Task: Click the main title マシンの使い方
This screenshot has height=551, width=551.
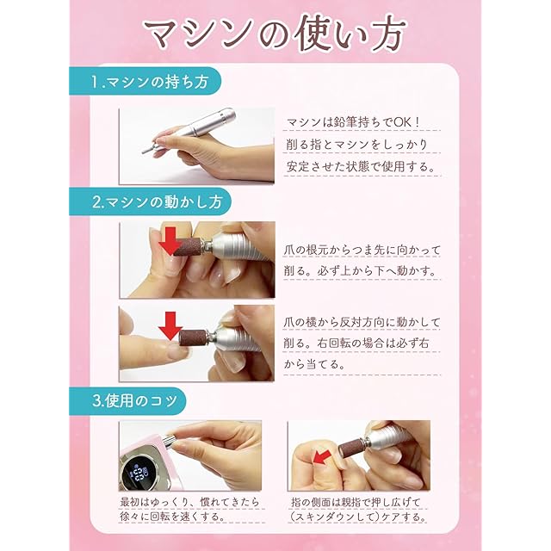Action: pyautogui.click(x=275, y=34)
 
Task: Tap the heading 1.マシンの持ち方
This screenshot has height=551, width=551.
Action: pyautogui.click(x=149, y=82)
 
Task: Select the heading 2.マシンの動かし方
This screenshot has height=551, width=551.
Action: pyautogui.click(x=157, y=202)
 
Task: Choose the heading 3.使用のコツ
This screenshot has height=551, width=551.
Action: pyautogui.click(x=134, y=401)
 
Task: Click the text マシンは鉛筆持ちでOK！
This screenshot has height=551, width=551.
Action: pyautogui.click(x=354, y=122)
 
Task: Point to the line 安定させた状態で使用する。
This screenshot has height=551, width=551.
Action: pyautogui.click(x=361, y=166)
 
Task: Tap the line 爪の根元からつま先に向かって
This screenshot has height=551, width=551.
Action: pyautogui.click(x=362, y=251)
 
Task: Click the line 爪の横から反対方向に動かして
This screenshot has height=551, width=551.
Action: pyautogui.click(x=362, y=322)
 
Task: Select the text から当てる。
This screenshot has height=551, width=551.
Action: pyautogui.click(x=314, y=364)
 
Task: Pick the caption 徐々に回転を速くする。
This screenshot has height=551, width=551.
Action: pyautogui.click(x=172, y=517)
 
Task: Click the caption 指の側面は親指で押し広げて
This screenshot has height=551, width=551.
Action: pyautogui.click(x=356, y=502)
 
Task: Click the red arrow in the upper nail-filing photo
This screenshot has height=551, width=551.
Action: pyautogui.click(x=170, y=241)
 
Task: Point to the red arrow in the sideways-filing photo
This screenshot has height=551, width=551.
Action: pyautogui.click(x=170, y=325)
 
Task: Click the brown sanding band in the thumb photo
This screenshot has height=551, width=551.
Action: pyautogui.click(x=352, y=449)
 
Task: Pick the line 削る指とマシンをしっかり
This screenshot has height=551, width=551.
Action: pyautogui.click(x=356, y=145)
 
